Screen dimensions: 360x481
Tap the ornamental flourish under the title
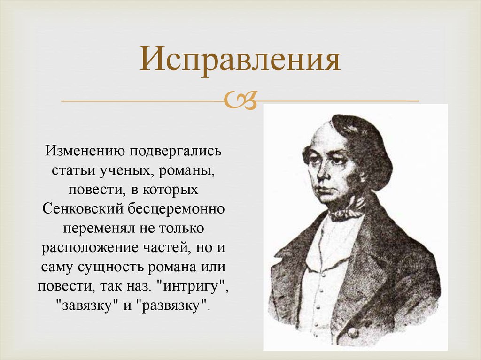point(240,100)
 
